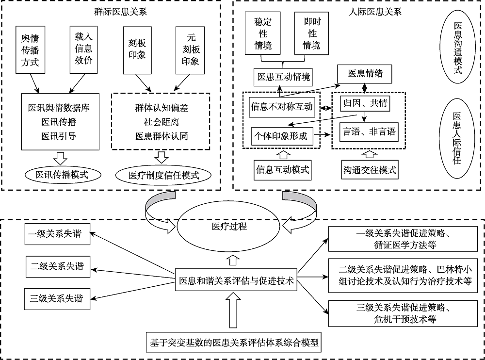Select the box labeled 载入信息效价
tap(83, 49)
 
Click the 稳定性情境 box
tap(263, 34)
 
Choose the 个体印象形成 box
tap(281, 136)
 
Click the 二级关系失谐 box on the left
tap(57, 266)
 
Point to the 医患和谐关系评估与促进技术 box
tap(237, 280)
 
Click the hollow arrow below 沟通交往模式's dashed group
tap(370, 154)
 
